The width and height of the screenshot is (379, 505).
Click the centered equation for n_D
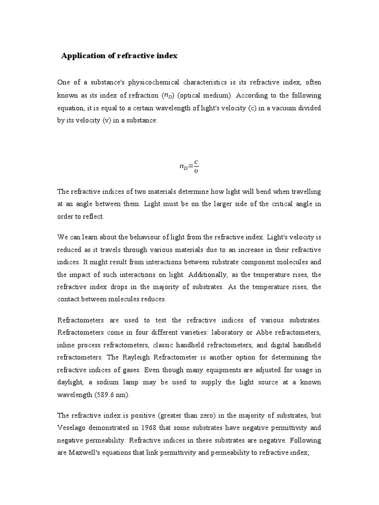coord(189,166)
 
